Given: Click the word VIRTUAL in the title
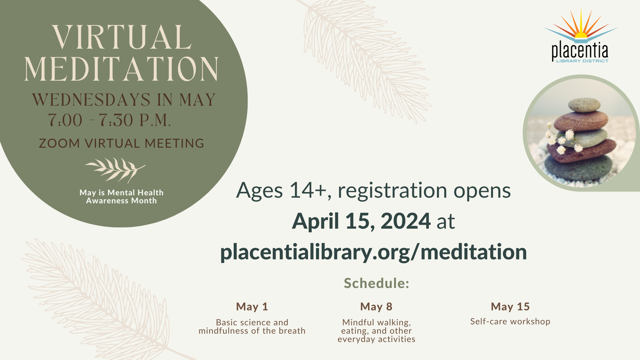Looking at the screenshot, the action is [x=122, y=37].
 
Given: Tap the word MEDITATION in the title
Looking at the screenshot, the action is [x=121, y=69].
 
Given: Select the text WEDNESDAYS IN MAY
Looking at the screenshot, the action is [x=124, y=100].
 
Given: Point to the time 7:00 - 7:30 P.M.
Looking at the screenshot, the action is [x=109, y=120].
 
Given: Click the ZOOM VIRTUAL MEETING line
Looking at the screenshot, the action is [x=121, y=143].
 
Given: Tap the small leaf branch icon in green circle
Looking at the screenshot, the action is [x=115, y=170].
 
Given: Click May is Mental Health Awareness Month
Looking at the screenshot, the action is [x=121, y=197].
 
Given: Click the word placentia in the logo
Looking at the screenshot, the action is [x=580, y=51].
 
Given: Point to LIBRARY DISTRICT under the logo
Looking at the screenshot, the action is [x=582, y=61].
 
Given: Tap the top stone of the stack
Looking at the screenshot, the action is [x=584, y=105].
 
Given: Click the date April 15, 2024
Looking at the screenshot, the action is [x=361, y=221].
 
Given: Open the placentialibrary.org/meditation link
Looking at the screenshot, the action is [x=373, y=252].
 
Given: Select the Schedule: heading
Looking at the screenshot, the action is [x=376, y=283].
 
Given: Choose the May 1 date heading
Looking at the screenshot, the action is [x=252, y=307].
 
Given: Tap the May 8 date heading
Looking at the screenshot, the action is [x=376, y=307].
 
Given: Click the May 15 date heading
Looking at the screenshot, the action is [x=510, y=307].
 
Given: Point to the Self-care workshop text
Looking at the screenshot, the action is [x=510, y=321].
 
